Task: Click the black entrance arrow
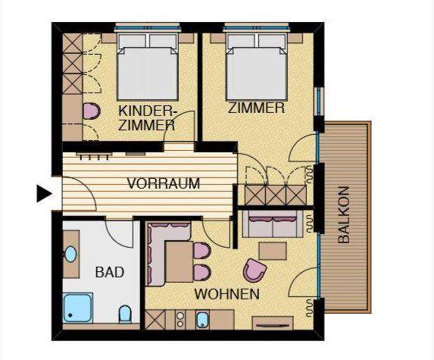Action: [x=44, y=193]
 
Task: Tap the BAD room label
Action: [x=110, y=272]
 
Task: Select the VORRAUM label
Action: [x=164, y=183]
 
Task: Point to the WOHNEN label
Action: [x=227, y=294]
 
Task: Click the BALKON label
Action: [x=344, y=214]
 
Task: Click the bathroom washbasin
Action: [x=70, y=255]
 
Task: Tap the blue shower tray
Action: [x=78, y=308]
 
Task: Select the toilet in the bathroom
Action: [x=125, y=315]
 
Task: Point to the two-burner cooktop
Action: [x=180, y=320]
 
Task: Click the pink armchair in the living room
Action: [x=254, y=271]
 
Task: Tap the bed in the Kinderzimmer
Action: [x=147, y=67]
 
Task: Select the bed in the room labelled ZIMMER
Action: [x=256, y=67]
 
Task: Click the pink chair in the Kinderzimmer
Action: [x=92, y=111]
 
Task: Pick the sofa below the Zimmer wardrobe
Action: [x=273, y=224]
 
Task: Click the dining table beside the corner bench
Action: [x=180, y=261]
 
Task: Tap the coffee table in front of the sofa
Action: [x=273, y=251]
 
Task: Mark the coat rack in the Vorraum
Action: [x=94, y=155]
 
